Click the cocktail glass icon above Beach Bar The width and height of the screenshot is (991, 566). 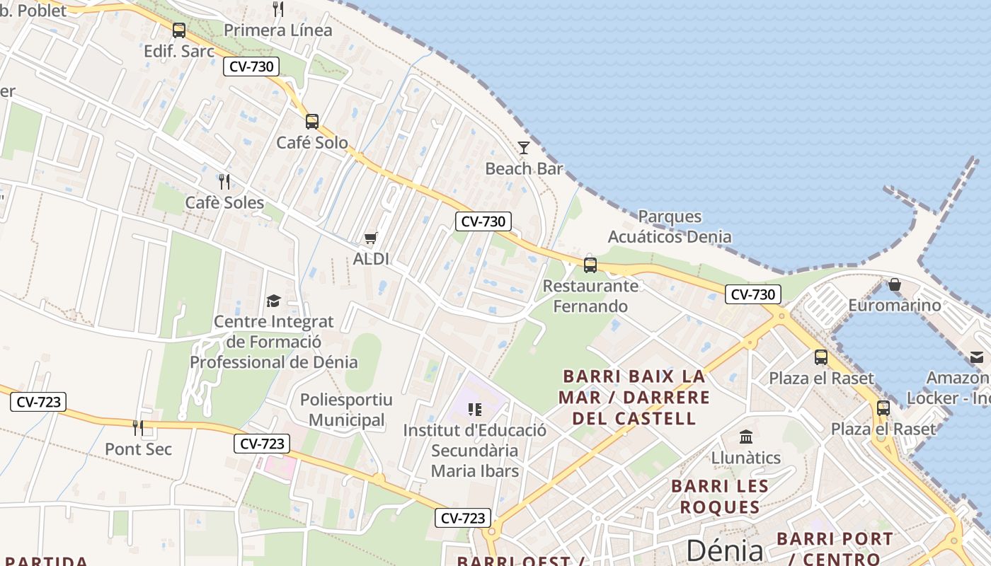click(524, 147)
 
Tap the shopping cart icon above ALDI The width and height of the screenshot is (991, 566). click(371, 238)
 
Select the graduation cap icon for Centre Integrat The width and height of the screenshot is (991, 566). click(273, 301)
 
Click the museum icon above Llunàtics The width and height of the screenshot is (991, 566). click(745, 436)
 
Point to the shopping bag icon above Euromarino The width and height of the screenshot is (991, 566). click(895, 284)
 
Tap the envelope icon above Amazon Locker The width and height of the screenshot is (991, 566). click(977, 357)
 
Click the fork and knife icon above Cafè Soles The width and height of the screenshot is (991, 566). click(224, 182)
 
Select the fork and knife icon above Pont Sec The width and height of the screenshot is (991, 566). click(138, 427)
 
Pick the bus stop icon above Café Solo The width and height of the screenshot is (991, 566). click(312, 121)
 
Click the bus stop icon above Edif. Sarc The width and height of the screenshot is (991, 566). click(179, 30)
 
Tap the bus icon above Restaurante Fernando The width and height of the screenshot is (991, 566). click(590, 265)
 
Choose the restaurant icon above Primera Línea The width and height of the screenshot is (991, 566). click(278, 9)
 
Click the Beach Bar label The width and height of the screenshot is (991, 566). click(524, 168)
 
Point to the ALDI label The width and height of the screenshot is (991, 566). click(371, 259)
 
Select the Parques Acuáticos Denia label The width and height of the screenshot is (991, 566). click(670, 226)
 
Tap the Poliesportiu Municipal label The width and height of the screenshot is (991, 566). click(346, 410)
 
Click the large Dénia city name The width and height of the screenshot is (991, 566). click(725, 550)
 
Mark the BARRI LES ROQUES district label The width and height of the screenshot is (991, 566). click(720, 497)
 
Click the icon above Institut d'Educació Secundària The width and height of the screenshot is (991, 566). click(475, 409)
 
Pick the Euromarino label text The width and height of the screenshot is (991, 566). click(895, 306)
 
